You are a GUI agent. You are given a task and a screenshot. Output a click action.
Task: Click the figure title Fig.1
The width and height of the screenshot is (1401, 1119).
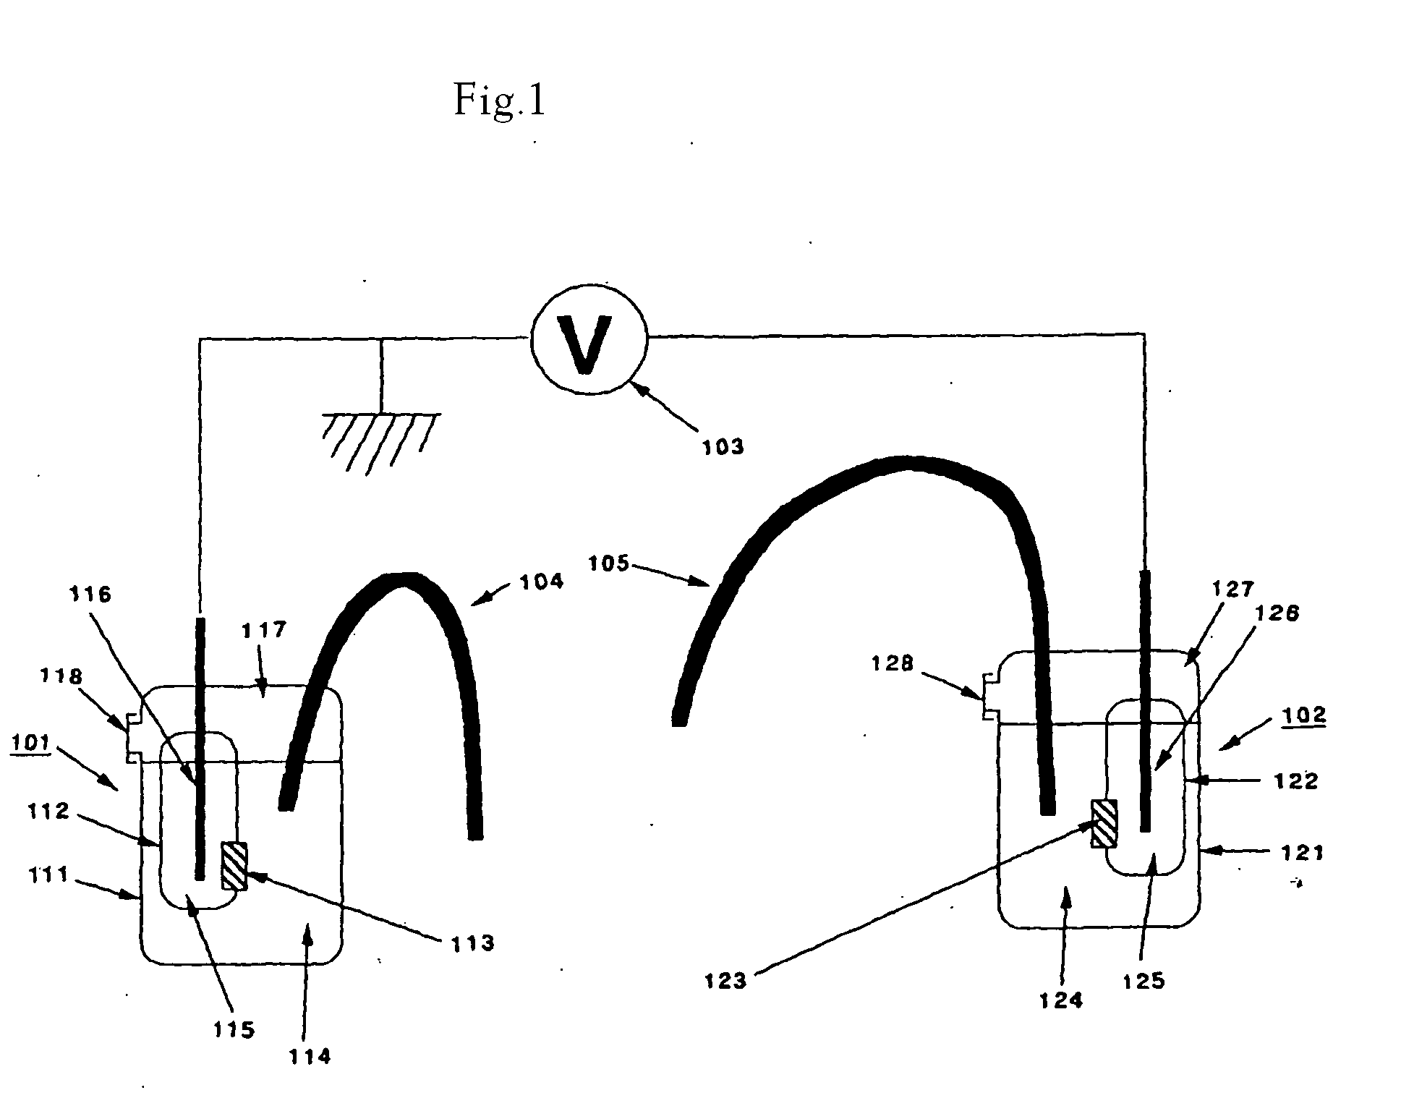pyautogui.click(x=498, y=100)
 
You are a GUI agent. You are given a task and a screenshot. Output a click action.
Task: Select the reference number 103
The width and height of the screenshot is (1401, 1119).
pyautogui.click(x=723, y=447)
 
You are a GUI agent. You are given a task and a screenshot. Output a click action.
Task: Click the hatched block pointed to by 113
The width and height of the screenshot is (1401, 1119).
pyautogui.click(x=234, y=865)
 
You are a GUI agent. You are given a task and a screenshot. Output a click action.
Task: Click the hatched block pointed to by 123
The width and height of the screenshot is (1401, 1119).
pyautogui.click(x=1104, y=822)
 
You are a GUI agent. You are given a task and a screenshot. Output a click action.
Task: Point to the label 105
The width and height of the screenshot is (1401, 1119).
pyautogui.click(x=609, y=563)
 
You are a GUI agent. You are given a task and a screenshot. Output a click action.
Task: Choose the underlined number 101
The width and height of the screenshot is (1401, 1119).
pyautogui.click(x=30, y=743)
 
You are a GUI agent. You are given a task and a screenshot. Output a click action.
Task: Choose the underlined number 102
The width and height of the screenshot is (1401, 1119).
pyautogui.click(x=1304, y=715)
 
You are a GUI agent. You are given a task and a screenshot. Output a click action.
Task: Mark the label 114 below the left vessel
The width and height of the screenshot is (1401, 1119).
pyautogui.click(x=309, y=1057)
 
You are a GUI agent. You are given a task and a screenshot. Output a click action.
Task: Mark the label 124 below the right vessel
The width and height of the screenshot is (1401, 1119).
pyautogui.click(x=1061, y=1000)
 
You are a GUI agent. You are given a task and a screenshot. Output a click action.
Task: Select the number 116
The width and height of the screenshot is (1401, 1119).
pyautogui.click(x=90, y=595)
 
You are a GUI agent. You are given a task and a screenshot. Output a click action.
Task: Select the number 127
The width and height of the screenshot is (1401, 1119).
pyautogui.click(x=1232, y=590)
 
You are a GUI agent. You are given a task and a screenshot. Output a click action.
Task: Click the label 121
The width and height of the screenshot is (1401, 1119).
pyautogui.click(x=1302, y=854)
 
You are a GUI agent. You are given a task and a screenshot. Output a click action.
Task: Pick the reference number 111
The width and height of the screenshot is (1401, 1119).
pyautogui.click(x=49, y=876)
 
